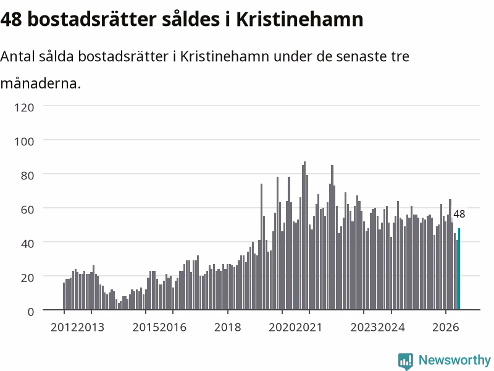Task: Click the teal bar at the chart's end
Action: (459, 269)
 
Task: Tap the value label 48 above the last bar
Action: (459, 214)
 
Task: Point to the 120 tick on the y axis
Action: (24, 108)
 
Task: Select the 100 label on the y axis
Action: (24, 142)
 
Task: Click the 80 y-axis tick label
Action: (27, 176)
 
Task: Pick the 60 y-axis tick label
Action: (27, 210)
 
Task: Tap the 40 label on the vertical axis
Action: (27, 244)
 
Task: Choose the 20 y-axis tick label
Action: (27, 278)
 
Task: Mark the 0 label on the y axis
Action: (31, 312)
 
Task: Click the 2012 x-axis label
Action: (64, 327)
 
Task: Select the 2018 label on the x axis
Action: (227, 327)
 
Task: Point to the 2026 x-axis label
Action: (445, 327)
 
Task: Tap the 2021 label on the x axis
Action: (309, 327)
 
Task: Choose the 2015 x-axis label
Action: (146, 327)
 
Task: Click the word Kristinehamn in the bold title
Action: (299, 19)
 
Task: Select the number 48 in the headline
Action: (11, 19)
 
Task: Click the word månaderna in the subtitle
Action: (40, 83)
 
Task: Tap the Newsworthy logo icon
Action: (406, 361)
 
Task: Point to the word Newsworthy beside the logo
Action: (454, 360)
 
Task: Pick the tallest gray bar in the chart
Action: (304, 236)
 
